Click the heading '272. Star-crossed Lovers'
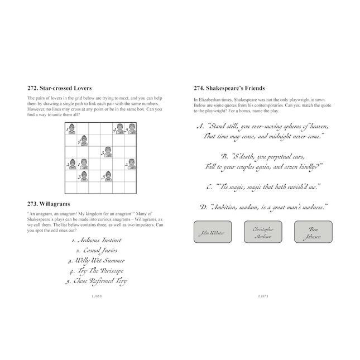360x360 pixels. [60, 88]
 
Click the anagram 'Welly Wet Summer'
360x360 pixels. [95, 261]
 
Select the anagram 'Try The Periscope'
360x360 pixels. [95, 271]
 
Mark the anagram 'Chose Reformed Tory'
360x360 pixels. [96, 281]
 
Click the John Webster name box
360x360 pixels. [213, 232]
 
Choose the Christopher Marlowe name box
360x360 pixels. [263, 232]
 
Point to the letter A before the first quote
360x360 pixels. [199, 126]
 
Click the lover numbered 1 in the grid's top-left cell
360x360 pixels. [72, 130]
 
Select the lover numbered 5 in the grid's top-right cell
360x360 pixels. [132, 131]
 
